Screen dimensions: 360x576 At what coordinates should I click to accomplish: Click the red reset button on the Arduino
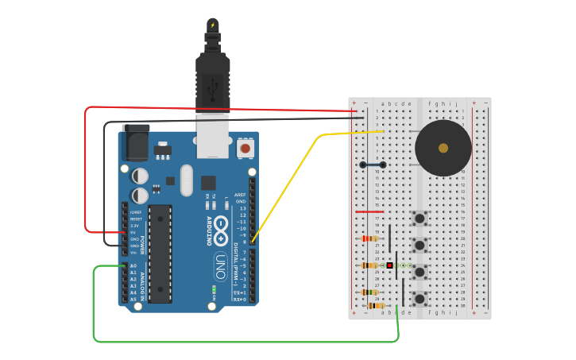coord(245,149)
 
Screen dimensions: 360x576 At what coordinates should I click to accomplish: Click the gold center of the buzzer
coord(443,148)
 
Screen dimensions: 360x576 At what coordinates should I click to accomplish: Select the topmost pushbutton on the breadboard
coord(419,218)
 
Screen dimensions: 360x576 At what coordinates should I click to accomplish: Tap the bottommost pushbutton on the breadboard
coord(419,299)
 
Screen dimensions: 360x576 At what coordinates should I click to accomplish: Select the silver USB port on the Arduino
coord(213,131)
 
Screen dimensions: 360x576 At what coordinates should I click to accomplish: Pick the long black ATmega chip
coord(160,254)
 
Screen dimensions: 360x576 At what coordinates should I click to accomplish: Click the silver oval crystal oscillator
coord(187,180)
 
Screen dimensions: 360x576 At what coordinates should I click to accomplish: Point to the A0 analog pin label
coord(133,266)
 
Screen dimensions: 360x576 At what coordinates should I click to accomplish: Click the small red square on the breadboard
coord(389,265)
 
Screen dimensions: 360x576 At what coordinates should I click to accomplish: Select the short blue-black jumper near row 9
coord(373,165)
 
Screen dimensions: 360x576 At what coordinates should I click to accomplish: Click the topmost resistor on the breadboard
coord(369,238)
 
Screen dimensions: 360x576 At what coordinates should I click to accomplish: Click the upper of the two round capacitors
coord(140,176)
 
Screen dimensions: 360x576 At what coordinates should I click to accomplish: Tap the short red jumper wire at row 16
coord(369,212)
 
